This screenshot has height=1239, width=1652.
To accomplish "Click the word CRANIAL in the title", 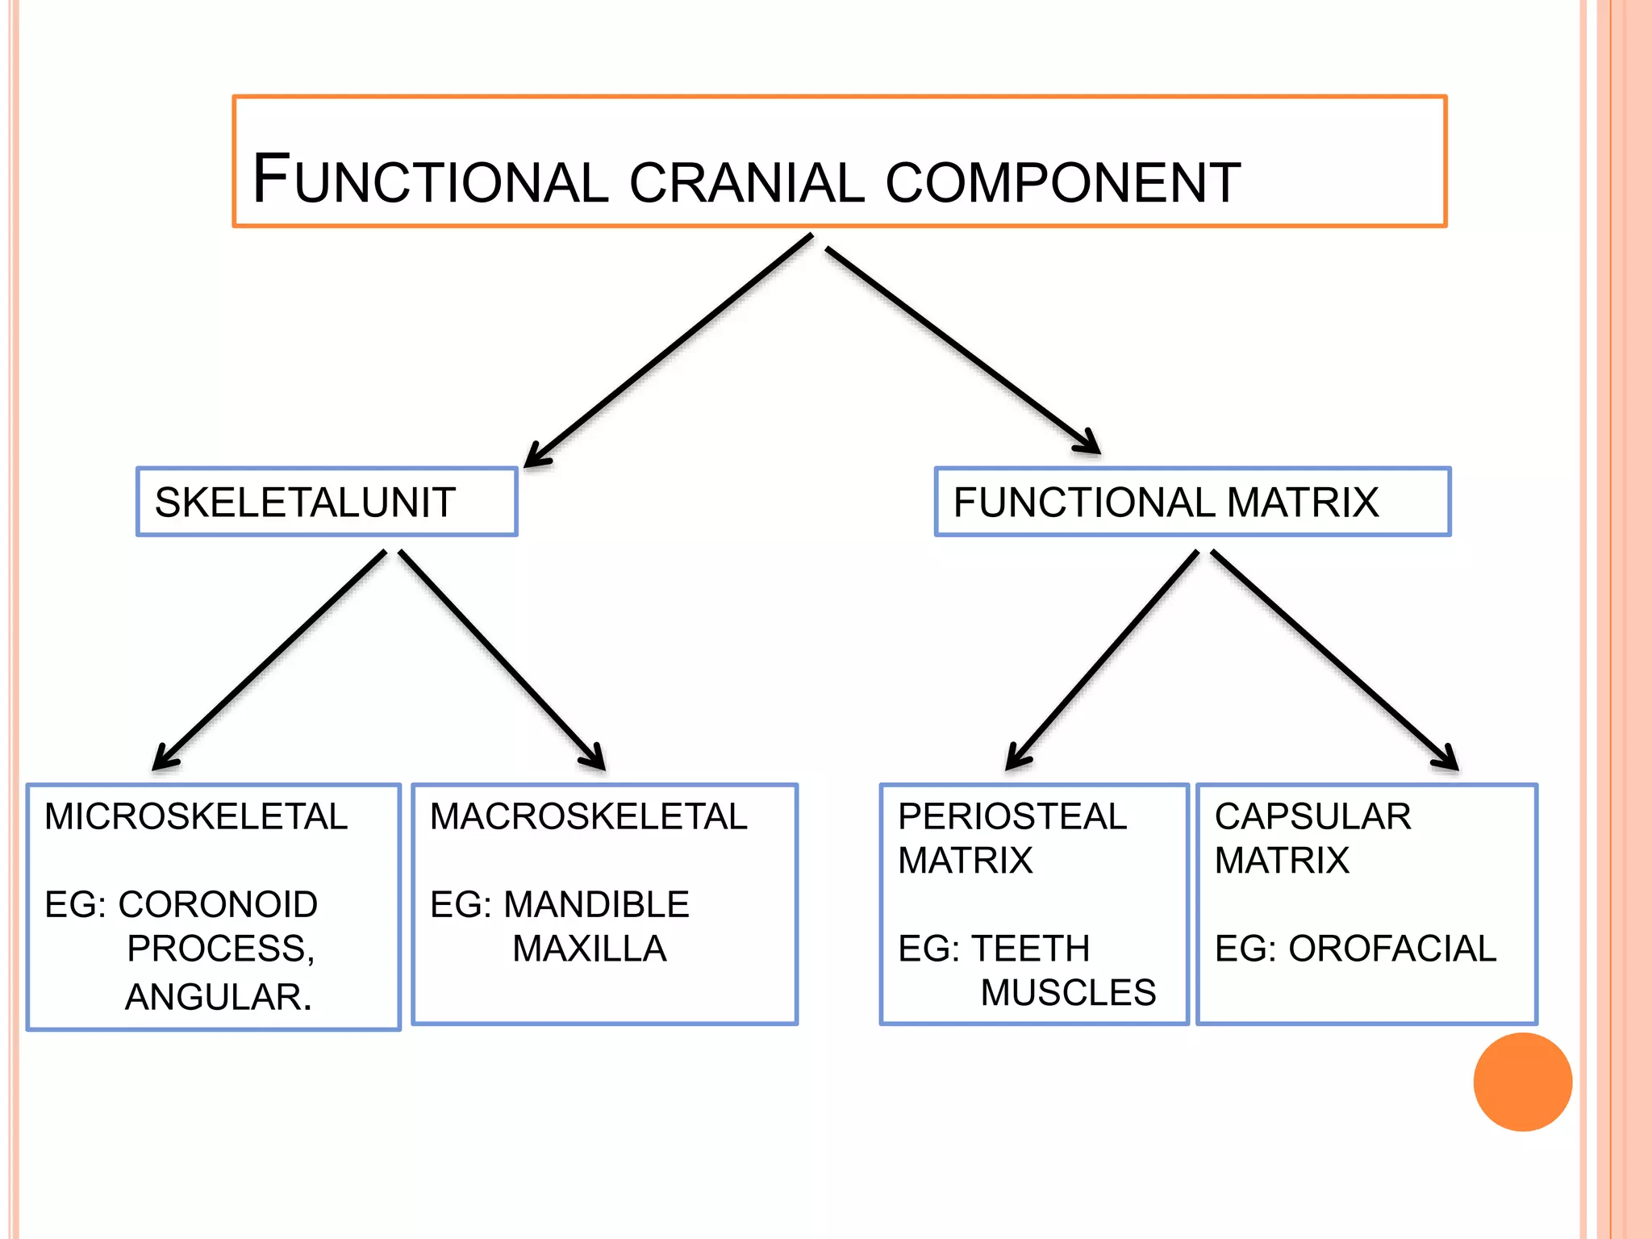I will click(x=746, y=182).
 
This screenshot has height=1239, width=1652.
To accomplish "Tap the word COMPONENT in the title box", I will click(x=1062, y=182).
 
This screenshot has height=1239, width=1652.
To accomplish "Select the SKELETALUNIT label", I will click(x=305, y=503).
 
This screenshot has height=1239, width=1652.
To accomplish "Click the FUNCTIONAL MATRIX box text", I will click(x=1166, y=503).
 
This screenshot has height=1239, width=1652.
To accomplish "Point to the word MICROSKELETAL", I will click(x=196, y=816).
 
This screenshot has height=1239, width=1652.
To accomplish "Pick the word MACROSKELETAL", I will click(x=589, y=816).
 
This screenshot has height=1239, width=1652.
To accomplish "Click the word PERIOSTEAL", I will click(x=1012, y=816).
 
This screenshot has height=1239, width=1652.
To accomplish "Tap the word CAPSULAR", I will click(x=1313, y=816).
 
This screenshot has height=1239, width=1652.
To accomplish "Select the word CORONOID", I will click(x=218, y=904).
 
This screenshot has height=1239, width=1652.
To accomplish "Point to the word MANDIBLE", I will click(x=596, y=904).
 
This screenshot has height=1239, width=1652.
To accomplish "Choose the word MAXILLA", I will click(x=590, y=949).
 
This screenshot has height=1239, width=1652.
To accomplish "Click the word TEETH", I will click(x=1030, y=949).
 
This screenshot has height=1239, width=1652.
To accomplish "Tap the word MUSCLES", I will click(x=1068, y=993).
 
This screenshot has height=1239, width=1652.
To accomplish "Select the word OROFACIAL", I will click(x=1392, y=949).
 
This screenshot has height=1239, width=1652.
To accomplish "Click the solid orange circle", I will click(x=1522, y=1082).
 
